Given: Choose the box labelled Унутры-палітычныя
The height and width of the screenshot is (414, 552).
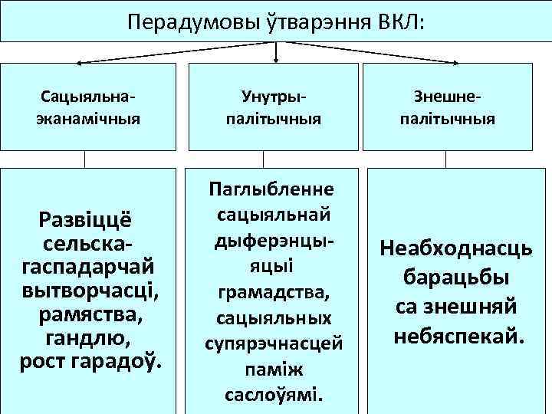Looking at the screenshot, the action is click(x=273, y=107).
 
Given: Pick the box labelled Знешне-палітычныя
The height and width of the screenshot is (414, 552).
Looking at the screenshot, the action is click(x=458, y=107).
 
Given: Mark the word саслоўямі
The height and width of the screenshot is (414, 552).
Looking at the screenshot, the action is click(x=274, y=396).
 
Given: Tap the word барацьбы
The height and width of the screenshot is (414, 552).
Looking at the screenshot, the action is click(x=458, y=277).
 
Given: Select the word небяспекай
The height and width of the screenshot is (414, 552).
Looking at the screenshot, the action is click(x=458, y=336).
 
